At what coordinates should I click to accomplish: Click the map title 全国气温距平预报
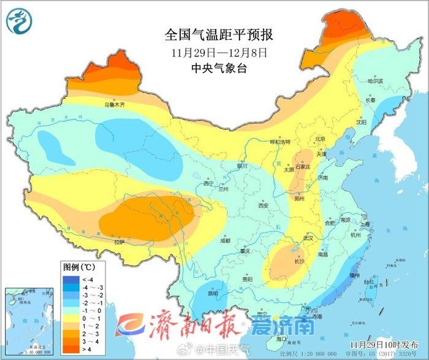[x=218, y=34]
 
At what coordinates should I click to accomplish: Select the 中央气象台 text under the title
[x=219, y=69]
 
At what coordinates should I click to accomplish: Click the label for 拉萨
[x=118, y=242]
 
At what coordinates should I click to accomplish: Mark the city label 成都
[x=224, y=240]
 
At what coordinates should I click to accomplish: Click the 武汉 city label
[x=308, y=238]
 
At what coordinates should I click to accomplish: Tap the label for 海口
[x=281, y=339]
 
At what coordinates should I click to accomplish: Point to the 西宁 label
[x=208, y=183]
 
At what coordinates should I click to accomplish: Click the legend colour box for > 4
[x=69, y=349]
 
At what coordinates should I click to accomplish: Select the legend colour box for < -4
[x=69, y=278]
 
